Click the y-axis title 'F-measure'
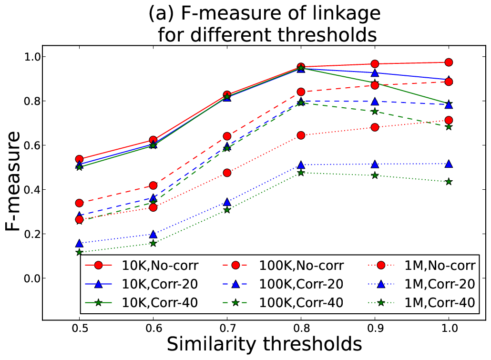(13, 182)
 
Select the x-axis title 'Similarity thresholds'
(264, 344)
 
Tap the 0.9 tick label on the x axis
(375, 328)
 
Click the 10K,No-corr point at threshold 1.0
(449, 62)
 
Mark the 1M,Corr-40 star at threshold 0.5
(79, 252)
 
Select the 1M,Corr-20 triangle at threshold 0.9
(375, 164)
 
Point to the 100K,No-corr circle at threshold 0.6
(153, 185)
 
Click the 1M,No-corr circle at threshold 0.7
(227, 173)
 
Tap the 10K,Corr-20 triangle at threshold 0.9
(375, 73)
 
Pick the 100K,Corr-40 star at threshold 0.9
(375, 111)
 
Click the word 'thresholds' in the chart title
(327, 34)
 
